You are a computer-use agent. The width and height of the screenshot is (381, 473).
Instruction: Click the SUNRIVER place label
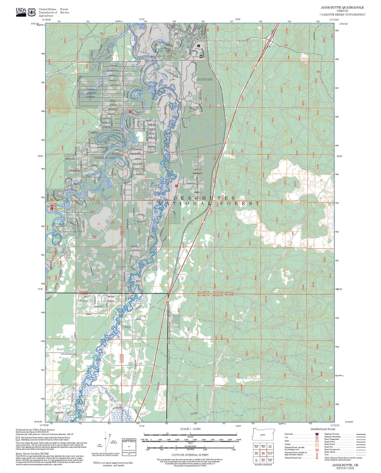point(205,80)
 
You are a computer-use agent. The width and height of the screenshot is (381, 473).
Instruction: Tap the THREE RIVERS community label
point(105,158)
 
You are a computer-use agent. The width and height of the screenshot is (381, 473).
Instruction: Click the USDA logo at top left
point(21,12)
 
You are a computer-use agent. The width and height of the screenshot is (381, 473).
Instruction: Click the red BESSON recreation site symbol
point(130,112)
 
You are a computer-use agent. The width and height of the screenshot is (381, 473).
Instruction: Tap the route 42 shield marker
point(158,197)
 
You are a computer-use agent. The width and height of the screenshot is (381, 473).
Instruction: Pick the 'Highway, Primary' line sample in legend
point(360,434)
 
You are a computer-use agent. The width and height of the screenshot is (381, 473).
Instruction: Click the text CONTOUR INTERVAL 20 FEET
point(190,455)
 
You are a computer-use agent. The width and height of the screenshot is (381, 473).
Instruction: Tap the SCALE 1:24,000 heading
point(190,429)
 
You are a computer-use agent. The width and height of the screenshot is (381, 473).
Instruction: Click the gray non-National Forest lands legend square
point(18,439)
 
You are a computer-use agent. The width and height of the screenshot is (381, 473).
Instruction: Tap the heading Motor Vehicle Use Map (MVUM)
point(32,453)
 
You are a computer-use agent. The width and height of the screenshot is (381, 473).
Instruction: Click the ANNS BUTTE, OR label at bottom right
point(345,465)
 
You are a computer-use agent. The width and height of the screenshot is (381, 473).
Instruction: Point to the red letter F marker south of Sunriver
point(176,186)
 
